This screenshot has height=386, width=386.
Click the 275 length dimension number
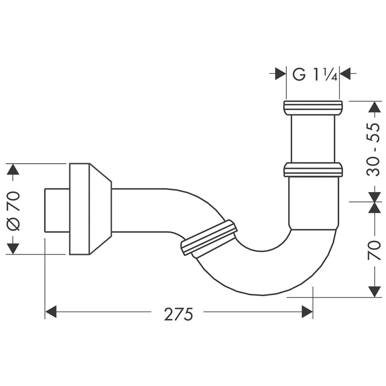point(178,314)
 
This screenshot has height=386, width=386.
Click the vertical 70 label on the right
point(374,250)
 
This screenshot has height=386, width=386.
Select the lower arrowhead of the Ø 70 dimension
point(13,249)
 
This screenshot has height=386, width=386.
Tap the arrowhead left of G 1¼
point(280,73)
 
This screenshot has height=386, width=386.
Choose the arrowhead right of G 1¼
point(345,73)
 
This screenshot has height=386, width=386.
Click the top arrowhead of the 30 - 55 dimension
point(374,107)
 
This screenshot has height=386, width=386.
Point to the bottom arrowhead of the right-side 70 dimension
point(374,291)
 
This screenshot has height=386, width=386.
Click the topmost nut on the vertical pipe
point(313,108)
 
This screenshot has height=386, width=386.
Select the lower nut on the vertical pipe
point(313,170)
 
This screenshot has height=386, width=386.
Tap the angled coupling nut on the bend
point(209,239)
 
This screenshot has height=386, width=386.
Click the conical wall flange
point(90,209)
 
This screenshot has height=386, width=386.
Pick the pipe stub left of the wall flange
point(57,210)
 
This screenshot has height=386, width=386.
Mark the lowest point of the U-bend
point(262,295)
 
